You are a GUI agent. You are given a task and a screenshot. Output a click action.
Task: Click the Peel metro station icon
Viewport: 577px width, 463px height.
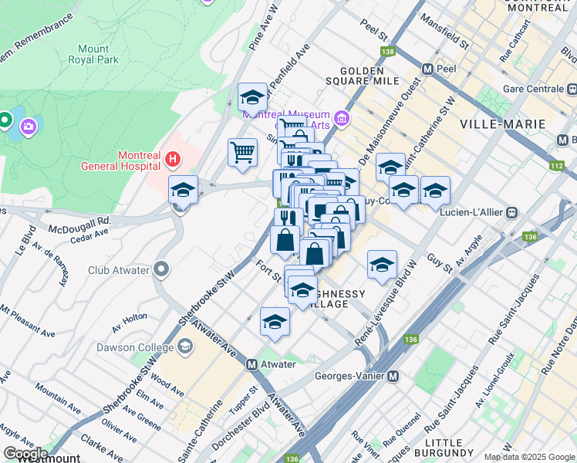(x=427, y=68)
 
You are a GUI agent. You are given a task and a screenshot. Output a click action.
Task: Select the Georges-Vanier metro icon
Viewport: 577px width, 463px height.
(x=393, y=377)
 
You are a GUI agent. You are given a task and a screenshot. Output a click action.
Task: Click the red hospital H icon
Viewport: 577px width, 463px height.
(x=173, y=161)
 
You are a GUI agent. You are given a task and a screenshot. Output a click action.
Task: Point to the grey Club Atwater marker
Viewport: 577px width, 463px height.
(x=160, y=270)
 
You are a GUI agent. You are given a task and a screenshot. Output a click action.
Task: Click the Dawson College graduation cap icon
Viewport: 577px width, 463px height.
(x=185, y=347)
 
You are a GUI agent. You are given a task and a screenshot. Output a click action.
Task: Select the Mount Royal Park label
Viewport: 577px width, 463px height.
(x=93, y=54)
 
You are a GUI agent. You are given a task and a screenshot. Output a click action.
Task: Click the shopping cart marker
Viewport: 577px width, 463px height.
(x=242, y=152)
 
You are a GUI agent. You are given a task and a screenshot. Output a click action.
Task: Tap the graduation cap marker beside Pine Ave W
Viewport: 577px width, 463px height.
(x=252, y=97)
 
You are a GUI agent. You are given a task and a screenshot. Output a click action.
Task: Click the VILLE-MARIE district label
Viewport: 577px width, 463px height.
(x=502, y=123)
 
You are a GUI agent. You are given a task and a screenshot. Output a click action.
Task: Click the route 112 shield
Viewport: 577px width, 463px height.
(x=557, y=166)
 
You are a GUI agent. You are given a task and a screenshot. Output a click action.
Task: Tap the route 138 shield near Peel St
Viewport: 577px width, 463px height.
(x=387, y=52)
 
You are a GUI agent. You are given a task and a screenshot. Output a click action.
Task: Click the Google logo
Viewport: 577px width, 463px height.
(x=25, y=453)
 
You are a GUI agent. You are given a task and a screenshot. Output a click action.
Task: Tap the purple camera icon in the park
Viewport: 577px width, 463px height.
(x=29, y=126)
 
